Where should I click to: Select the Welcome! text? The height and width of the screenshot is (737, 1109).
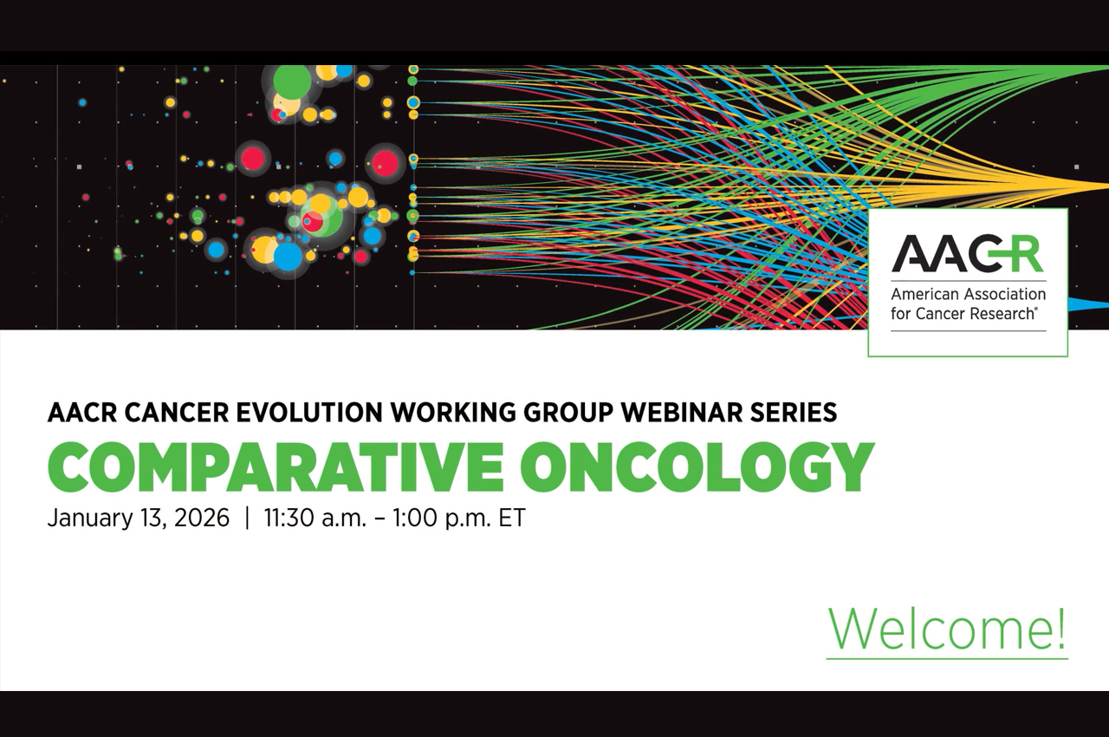pos(947,629)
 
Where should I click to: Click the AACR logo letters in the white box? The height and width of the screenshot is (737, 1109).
pos(968,254)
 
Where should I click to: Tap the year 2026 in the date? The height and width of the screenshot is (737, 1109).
pos(203,519)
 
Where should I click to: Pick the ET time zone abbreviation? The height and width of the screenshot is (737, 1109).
pos(512,519)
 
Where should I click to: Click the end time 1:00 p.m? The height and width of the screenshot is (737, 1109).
pos(441,519)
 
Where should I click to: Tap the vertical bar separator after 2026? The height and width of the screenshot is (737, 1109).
pos(248,519)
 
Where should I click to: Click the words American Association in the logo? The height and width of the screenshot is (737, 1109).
pos(969,294)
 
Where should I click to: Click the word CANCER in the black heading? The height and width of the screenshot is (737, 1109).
pos(176,412)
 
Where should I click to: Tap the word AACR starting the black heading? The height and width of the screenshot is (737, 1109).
pos(82,412)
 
